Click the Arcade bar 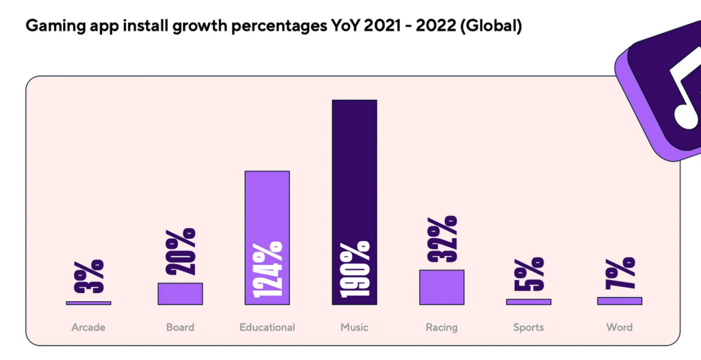click(88, 303)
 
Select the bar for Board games click(180, 294)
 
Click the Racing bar click(442, 287)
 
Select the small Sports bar click(528, 302)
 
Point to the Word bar click(620, 300)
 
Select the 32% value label click(442, 239)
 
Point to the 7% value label click(620, 274)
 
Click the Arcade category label click(88, 327)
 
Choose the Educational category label click(267, 327)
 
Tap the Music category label click(355, 327)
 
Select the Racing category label click(442, 327)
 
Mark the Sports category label click(528, 327)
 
